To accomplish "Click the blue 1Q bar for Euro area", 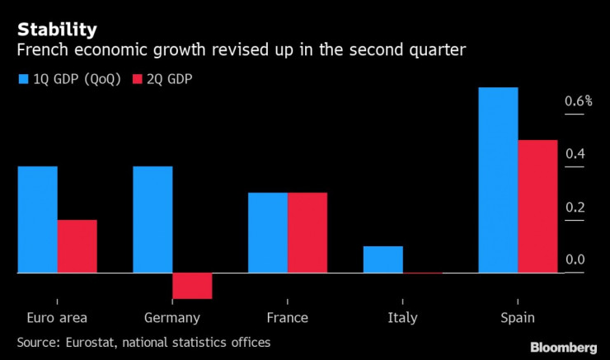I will coord(37,219).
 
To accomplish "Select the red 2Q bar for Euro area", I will coord(77,245).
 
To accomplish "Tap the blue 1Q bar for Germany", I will coord(152,219).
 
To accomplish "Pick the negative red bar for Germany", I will coord(192,286).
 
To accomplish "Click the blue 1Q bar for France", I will coord(268,232).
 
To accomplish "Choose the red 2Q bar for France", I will coord(307,232).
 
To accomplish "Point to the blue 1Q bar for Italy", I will coord(383,259).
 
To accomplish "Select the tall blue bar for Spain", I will coord(498,180).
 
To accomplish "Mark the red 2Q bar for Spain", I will coord(537,206).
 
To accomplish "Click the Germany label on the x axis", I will coord(171,318).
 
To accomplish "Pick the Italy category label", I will coord(402,318).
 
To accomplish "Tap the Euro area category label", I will coord(57,318).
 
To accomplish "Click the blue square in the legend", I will coord(22,80).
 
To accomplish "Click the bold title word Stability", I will coord(56,30).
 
